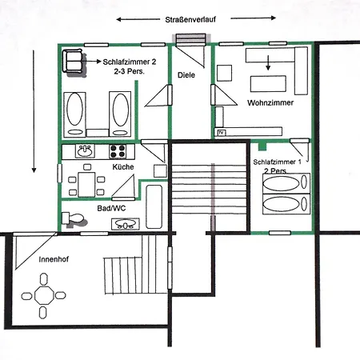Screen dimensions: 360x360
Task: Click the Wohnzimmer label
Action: pyautogui.click(x=270, y=104)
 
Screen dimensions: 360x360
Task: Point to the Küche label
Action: pyautogui.click(x=122, y=167)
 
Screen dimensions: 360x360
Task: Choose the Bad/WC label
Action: pyautogui.click(x=113, y=208)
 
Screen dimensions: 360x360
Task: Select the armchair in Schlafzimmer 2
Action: pyautogui.click(x=74, y=61)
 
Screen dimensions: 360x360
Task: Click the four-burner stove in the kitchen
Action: pyautogui.click(x=118, y=150)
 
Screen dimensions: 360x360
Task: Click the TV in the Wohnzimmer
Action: pyautogui.click(x=222, y=132)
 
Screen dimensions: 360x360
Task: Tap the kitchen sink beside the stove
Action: pyautogui.click(x=86, y=150)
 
